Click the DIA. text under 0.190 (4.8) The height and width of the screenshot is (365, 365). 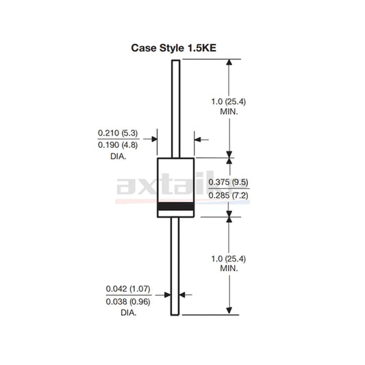(118, 156)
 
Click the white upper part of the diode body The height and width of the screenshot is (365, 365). (175, 175)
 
